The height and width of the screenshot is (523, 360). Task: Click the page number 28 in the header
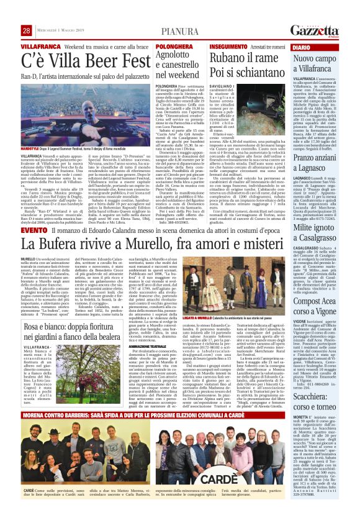pos(26,30)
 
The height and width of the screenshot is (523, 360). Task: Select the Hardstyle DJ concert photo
pos(87,115)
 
